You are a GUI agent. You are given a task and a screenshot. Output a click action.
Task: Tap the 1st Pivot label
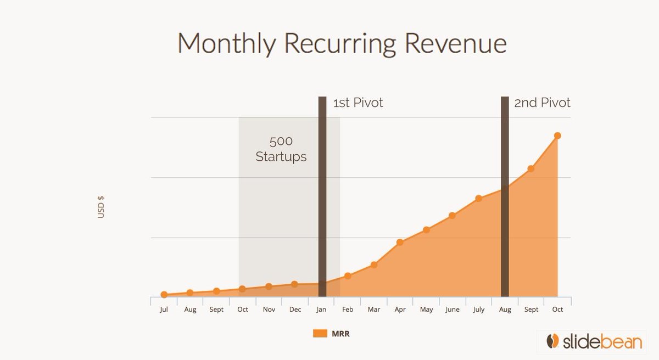pyautogui.click(x=358, y=103)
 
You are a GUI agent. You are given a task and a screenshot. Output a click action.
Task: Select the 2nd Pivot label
pyautogui.click(x=542, y=103)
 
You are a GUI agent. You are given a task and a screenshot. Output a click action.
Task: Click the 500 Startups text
pyautogui.click(x=281, y=149)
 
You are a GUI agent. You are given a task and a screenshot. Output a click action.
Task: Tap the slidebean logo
pyautogui.click(x=590, y=341)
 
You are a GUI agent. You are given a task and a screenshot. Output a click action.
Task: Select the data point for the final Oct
pyautogui.click(x=557, y=136)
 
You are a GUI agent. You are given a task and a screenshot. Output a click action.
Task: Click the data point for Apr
pyautogui.click(x=400, y=242)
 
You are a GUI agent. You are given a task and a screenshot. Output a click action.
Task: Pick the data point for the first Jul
pyautogui.click(x=164, y=295)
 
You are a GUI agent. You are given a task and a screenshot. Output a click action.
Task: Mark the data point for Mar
pyautogui.click(x=374, y=265)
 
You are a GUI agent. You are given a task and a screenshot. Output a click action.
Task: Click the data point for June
pyautogui.click(x=452, y=216)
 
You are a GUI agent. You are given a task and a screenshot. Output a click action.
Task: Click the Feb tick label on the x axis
pyautogui.click(x=348, y=310)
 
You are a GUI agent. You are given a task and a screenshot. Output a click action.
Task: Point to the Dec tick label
pyautogui.click(x=295, y=310)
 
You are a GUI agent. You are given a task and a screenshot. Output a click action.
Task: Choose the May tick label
pyautogui.click(x=426, y=310)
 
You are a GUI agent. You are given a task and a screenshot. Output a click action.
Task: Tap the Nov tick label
pyautogui.click(x=269, y=310)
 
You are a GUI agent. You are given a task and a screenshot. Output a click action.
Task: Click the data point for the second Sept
pyautogui.click(x=530, y=168)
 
